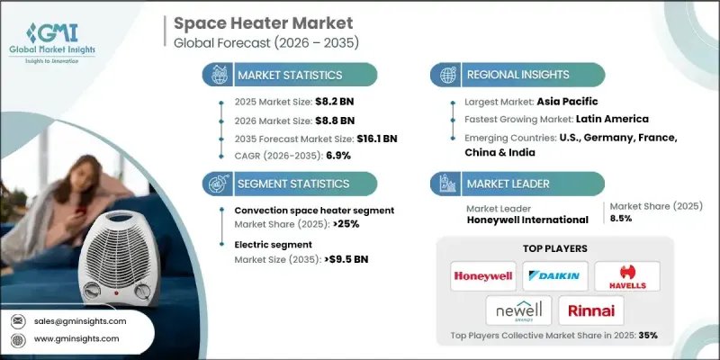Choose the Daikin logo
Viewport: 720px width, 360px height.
tap(555, 275)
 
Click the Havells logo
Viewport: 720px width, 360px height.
tap(627, 275)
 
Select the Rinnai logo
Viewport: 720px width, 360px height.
tap(591, 310)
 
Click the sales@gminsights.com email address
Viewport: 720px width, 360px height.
tap(81, 321)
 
